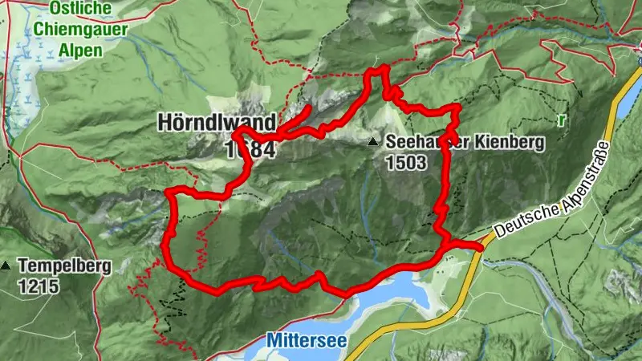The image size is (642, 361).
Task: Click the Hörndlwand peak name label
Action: pos(216,123)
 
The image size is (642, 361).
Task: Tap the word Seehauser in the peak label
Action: pos(421,142)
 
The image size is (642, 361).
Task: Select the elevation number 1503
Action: pos(406,162)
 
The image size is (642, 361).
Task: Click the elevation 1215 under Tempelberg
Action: pos(37,285)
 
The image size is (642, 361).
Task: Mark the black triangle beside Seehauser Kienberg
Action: pos(372,142)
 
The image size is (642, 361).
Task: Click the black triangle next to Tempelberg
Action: pos(7,266)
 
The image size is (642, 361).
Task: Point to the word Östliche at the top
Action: pos(79,9)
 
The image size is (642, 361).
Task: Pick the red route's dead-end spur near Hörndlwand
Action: pos(309,109)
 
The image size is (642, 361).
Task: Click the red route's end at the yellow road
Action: pos(480,247)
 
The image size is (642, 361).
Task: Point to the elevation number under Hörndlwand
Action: pos(250,150)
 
